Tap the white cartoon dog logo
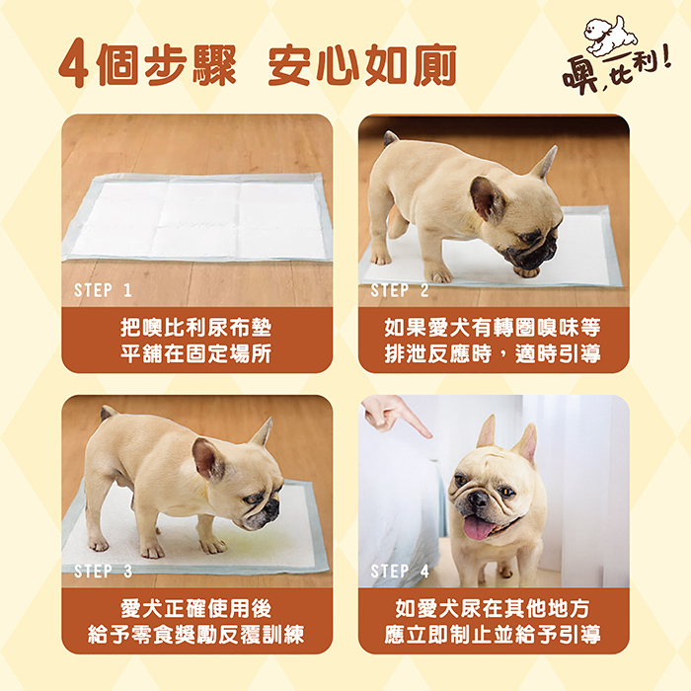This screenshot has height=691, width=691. tap(610, 36)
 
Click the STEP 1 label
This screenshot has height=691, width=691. tap(103, 290)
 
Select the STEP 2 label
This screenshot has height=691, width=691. tap(400, 290)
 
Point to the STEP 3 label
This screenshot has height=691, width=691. tap(103, 571)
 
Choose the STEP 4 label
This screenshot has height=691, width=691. tap(400, 571)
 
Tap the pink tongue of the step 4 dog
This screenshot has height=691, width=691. tap(477, 527)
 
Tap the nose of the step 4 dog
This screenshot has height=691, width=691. tap(478, 498)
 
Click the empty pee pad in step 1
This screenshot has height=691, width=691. tap(197, 218)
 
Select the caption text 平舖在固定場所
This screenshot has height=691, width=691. tap(196, 353)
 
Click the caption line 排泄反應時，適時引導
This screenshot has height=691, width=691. tap(493, 353)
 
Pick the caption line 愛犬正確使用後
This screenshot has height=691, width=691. tap(196, 609)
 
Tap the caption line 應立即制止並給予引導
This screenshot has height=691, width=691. tap(493, 635)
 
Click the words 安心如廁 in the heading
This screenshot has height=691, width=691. tap(362, 64)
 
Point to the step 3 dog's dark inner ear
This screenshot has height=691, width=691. tap(209, 459)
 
